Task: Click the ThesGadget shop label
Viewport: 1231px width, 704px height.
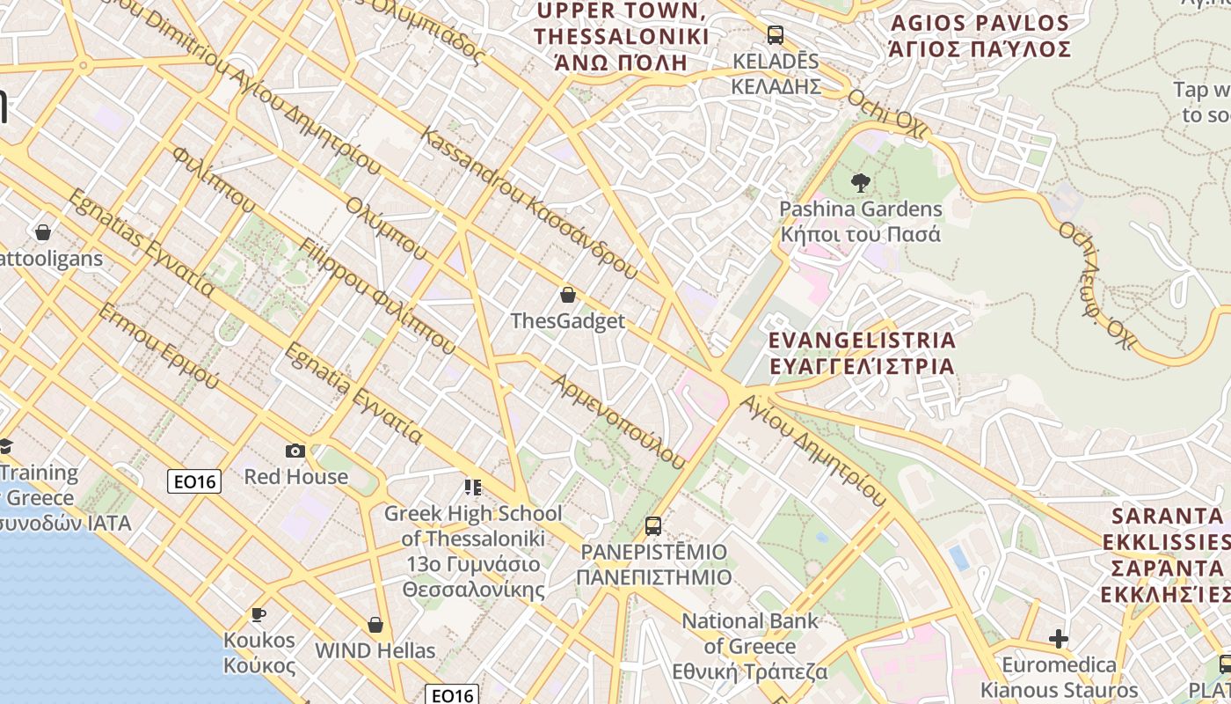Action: coord(568,321)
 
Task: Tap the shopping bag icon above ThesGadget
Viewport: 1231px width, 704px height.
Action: coord(568,295)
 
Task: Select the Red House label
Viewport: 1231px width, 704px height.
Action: coord(296,477)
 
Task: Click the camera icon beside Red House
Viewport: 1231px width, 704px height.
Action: coord(295,451)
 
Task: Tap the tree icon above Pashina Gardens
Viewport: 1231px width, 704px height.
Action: coord(861,183)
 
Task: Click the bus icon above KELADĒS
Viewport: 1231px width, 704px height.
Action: coord(775,35)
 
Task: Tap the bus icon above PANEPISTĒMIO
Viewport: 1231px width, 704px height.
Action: coord(653,526)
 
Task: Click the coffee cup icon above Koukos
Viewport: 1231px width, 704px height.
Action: coord(259,614)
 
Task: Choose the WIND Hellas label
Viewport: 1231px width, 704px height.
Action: coord(375,651)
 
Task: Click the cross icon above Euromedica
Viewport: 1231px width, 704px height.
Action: coord(1059,638)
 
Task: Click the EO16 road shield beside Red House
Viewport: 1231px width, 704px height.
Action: coord(194,480)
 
